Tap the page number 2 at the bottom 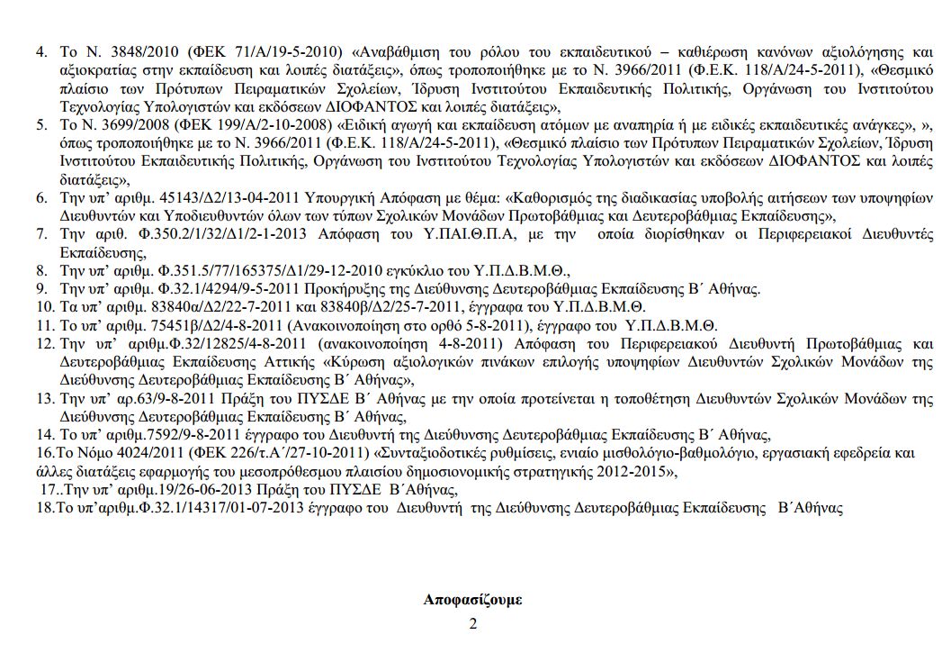tap(471, 623)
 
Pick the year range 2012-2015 tap(635, 470)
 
